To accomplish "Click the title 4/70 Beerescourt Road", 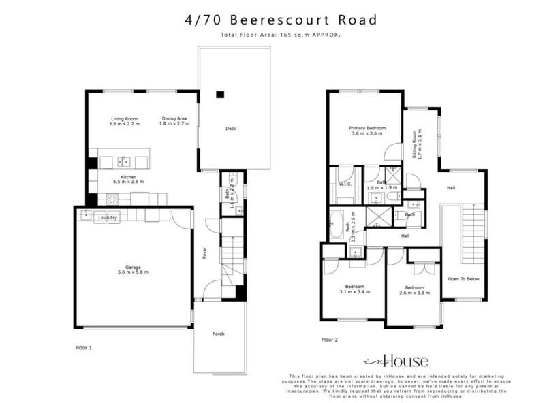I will (281, 20).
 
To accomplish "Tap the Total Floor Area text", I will (281, 35).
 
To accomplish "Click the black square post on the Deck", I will (220, 94).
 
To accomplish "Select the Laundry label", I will (108, 217).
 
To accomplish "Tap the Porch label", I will (218, 334).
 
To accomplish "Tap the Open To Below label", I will (463, 278).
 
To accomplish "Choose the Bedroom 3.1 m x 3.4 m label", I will (355, 289).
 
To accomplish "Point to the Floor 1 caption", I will (83, 347).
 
